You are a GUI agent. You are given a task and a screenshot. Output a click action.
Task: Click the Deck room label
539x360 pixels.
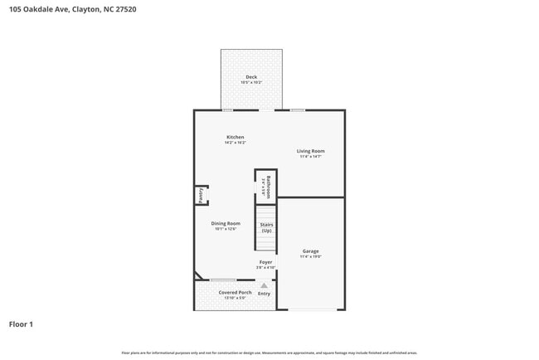[x=251, y=77]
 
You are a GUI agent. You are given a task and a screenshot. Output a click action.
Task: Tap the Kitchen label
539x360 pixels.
[x=236, y=137]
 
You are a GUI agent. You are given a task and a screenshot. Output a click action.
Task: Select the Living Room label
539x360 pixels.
[x=311, y=151]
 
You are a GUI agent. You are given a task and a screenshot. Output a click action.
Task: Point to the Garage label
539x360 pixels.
[x=310, y=251]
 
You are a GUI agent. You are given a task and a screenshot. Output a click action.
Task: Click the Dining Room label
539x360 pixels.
[x=226, y=223]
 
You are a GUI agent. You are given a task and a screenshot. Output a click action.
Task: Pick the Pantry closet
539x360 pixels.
[x=201, y=195]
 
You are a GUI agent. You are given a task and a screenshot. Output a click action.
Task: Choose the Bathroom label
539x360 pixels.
[x=268, y=184]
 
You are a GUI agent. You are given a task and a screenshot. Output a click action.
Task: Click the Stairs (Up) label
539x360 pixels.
[x=266, y=227]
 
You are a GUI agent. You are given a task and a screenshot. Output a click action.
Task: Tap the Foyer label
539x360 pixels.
[x=265, y=262]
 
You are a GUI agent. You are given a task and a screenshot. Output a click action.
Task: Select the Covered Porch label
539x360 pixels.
[x=236, y=293]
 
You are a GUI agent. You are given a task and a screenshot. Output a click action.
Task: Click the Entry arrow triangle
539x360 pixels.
[x=265, y=285]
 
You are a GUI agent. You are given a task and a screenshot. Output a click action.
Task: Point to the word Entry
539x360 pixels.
[x=265, y=294]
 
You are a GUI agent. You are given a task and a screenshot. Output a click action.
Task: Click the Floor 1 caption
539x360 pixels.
[x=21, y=324]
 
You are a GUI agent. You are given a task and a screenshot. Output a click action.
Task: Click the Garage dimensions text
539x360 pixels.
[x=310, y=257]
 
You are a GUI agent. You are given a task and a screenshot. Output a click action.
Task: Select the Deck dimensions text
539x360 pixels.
[x=251, y=83]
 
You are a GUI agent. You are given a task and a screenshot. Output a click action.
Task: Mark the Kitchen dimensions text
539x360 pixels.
[x=236, y=143]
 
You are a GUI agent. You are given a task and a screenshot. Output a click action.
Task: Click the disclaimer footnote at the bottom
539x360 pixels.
[x=269, y=353]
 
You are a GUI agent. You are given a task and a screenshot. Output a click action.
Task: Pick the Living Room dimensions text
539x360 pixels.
[x=311, y=157]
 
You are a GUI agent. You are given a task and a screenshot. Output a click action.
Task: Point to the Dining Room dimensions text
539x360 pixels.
[x=226, y=229]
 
